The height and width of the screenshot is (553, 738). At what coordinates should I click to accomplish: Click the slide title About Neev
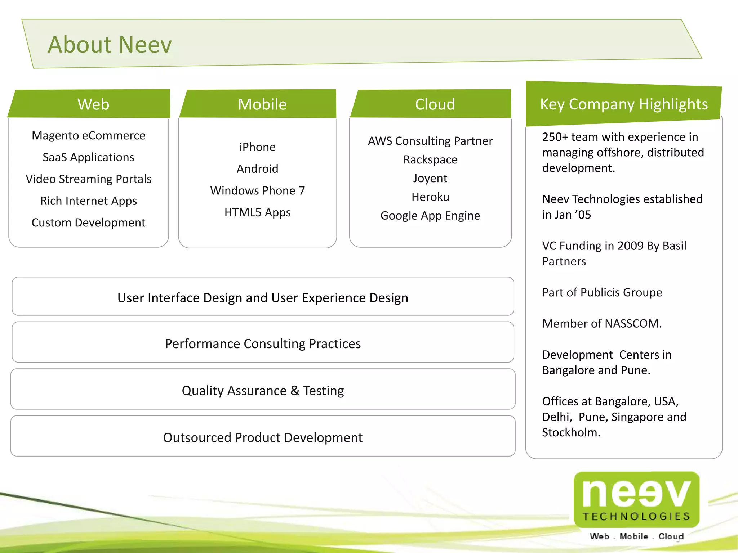(110, 45)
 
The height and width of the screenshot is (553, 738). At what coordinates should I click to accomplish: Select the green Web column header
(93, 104)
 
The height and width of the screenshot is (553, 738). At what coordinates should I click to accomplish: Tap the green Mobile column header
(262, 104)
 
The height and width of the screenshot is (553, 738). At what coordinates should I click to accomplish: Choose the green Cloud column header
(435, 104)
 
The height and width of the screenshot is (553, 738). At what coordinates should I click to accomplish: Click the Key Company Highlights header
(623, 104)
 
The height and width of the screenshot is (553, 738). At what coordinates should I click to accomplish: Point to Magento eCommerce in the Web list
(88, 135)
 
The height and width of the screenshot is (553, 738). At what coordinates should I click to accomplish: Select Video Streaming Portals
(88, 179)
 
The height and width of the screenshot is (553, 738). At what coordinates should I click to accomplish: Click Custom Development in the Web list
(88, 222)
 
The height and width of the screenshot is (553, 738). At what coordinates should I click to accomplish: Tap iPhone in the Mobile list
(257, 147)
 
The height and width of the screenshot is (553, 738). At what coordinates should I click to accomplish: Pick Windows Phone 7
(257, 190)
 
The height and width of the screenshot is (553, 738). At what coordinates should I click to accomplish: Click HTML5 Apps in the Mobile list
(257, 212)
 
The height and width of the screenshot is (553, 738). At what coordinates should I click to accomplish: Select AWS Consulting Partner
(430, 141)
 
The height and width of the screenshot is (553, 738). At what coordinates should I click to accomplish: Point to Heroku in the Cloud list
(430, 197)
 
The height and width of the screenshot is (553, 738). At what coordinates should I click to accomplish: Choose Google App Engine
(430, 216)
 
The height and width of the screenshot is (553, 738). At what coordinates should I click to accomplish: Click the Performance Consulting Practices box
(263, 343)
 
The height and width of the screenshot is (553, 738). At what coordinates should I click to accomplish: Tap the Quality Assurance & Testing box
(263, 390)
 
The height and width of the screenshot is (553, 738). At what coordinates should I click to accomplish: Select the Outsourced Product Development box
(263, 437)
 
